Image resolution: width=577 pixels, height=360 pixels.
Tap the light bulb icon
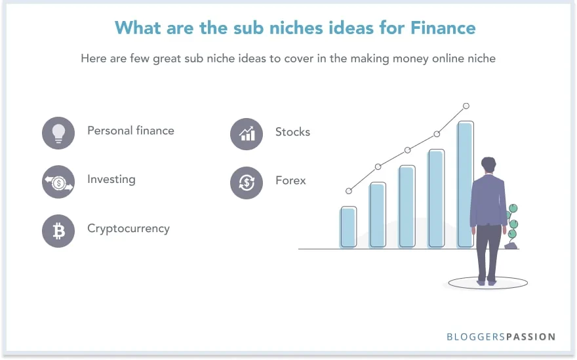59,132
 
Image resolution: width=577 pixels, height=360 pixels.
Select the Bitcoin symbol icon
59,231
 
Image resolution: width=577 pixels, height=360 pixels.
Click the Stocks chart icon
247,134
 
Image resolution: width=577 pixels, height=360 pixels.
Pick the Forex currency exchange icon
247,182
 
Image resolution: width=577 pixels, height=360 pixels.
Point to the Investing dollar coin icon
59,182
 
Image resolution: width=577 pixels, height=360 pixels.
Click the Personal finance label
130,130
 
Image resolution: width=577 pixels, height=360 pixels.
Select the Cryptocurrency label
129,229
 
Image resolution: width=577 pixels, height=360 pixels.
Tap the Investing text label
111,179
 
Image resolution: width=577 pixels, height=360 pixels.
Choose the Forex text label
290,180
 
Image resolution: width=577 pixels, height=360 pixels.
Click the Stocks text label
292,132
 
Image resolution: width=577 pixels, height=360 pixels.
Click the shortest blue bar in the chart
348,227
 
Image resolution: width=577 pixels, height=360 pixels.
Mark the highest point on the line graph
466,106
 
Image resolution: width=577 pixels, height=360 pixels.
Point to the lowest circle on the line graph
349,191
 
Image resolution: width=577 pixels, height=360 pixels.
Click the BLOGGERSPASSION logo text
501,337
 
